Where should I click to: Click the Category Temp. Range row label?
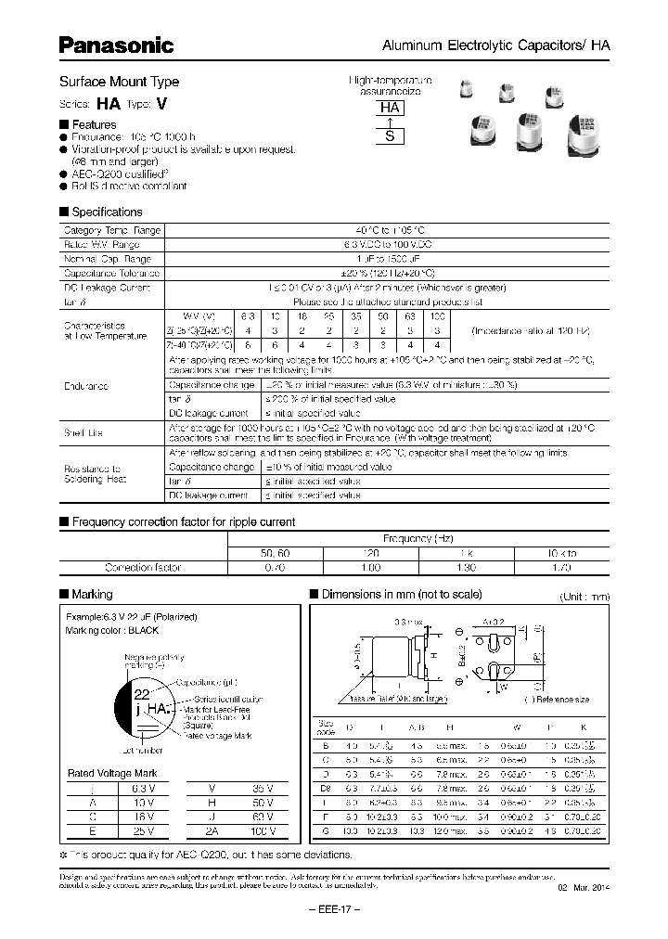click(x=111, y=230)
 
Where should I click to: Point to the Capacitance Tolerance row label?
click(x=111, y=274)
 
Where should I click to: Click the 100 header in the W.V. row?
click(x=437, y=317)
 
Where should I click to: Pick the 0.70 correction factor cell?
click(x=275, y=567)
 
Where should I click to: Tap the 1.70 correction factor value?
click(x=560, y=567)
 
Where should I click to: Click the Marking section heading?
click(x=92, y=594)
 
